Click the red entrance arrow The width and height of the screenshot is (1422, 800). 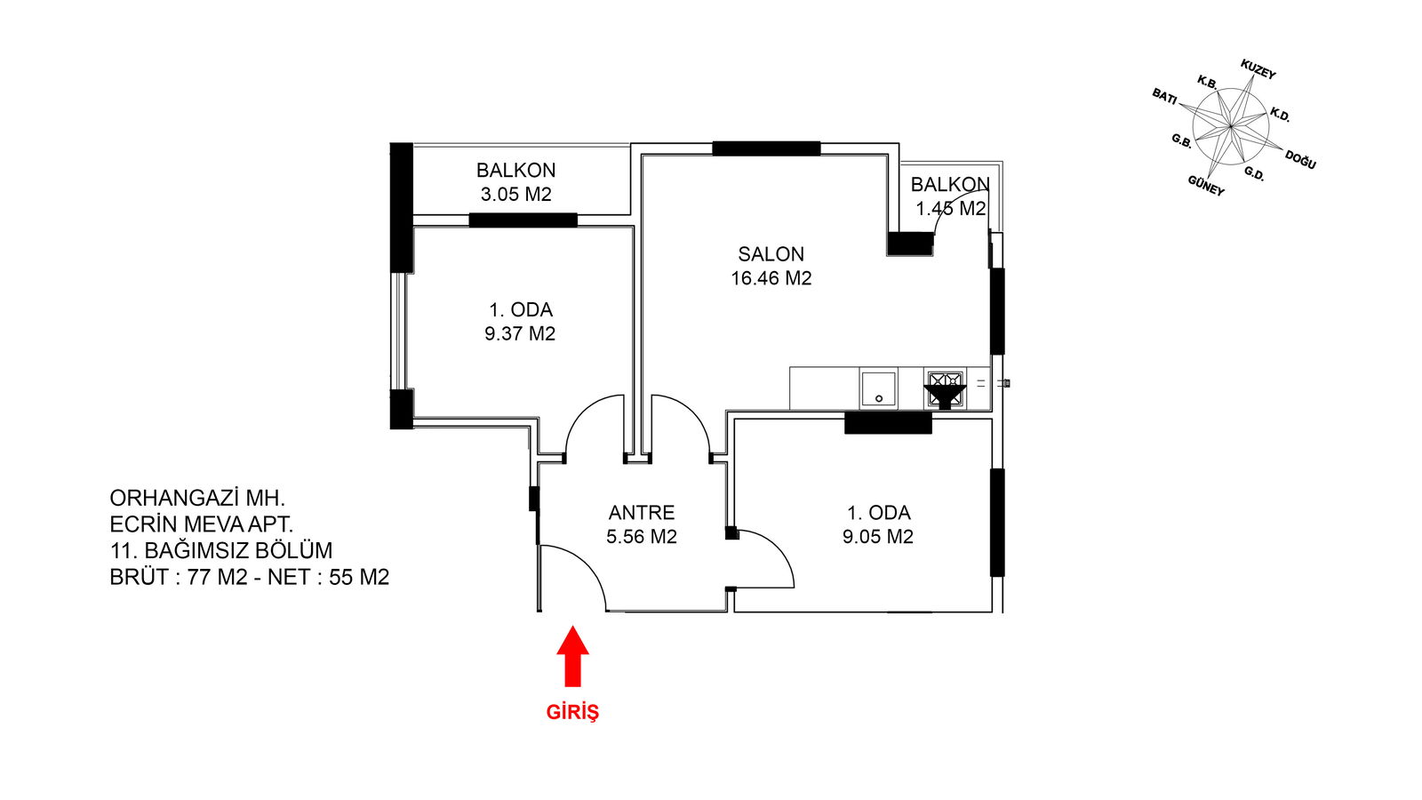tap(572, 656)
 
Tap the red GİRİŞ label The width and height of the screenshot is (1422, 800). tap(572, 712)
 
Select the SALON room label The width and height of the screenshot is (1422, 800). tap(771, 254)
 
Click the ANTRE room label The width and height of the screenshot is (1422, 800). tap(641, 512)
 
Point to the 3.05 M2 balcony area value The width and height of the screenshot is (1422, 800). tap(515, 195)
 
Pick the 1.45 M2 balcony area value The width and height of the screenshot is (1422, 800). tap(950, 208)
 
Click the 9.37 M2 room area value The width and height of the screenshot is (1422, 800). tap(520, 333)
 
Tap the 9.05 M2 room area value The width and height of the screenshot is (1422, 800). tap(878, 537)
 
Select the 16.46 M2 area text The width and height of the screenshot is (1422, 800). tap(771, 278)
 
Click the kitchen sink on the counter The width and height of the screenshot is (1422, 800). tap(879, 388)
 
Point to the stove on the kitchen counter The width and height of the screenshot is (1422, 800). tap(946, 388)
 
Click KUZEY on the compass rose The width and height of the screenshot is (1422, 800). tap(1258, 70)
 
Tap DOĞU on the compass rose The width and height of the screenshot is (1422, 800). tap(1300, 159)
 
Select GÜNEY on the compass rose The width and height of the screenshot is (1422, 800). tap(1205, 186)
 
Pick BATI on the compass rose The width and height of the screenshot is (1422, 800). tap(1164, 97)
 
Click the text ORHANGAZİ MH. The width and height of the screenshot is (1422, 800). tap(197, 498)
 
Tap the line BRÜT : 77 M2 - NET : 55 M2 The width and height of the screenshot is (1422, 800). tap(250, 577)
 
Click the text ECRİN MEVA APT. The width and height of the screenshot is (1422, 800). tap(201, 524)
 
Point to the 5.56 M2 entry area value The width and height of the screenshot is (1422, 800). tap(641, 537)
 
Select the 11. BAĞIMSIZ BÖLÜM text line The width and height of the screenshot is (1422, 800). tap(221, 550)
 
